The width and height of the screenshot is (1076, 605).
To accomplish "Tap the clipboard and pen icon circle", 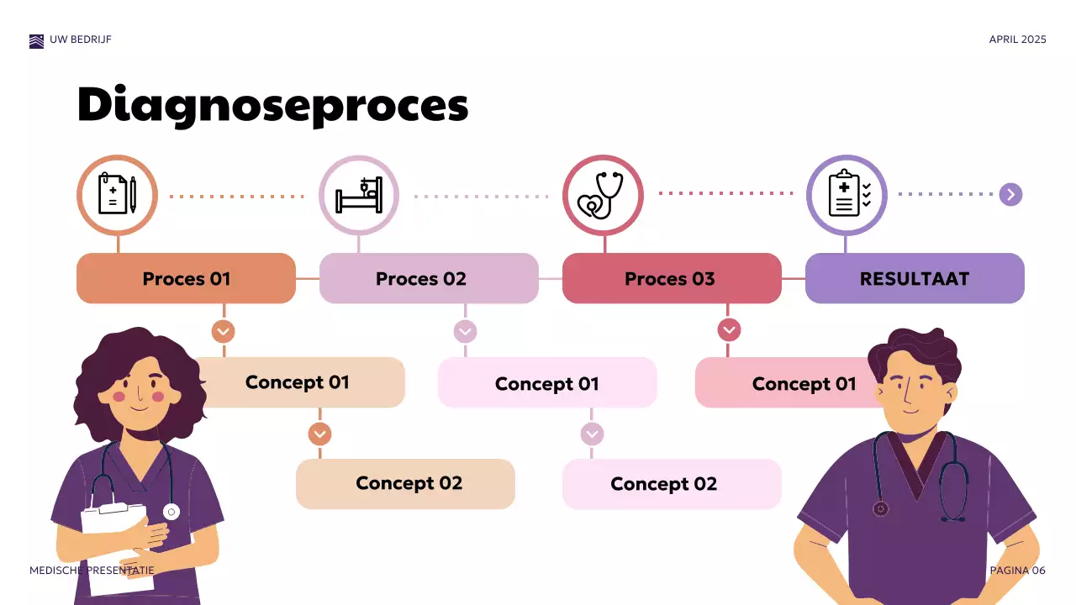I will (x=117, y=195).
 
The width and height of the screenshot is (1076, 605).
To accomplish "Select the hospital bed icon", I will (x=359, y=195).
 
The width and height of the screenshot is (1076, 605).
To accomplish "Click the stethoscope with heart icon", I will (x=602, y=195).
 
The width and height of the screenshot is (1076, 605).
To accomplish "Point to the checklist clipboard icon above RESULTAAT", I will (x=846, y=195).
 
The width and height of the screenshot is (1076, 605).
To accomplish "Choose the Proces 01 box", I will (x=186, y=278).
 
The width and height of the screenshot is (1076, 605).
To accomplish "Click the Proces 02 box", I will (x=429, y=278).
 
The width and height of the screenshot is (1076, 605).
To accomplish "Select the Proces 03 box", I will (x=671, y=278).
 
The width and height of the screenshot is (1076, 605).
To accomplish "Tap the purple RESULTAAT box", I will (x=915, y=278).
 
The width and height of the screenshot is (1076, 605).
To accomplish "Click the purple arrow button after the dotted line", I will (x=1010, y=195).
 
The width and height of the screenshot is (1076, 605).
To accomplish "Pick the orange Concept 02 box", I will (x=405, y=484).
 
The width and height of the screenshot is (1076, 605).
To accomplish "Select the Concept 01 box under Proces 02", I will (x=547, y=383).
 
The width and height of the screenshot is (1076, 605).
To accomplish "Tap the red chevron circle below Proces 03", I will (x=729, y=330).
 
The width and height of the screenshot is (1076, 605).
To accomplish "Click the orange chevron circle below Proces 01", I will (x=223, y=331).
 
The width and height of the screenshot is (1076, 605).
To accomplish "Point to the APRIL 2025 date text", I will (x=1017, y=39).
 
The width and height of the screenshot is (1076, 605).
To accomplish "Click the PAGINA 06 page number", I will (x=1017, y=571).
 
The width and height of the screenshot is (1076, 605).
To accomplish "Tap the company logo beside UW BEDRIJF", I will (x=36, y=40).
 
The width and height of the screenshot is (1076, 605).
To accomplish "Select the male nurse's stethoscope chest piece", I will (x=880, y=508).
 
